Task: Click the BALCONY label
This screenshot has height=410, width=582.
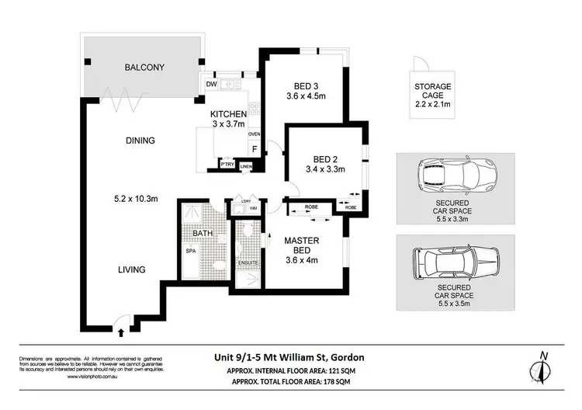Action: (144, 68)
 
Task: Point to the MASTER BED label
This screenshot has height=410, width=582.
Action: (300, 245)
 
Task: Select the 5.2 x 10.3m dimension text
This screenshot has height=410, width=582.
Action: (136, 199)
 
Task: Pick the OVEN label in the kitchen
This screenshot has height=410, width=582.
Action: (253, 134)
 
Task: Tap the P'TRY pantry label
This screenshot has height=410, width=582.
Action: (227, 165)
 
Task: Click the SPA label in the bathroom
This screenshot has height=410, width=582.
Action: (189, 252)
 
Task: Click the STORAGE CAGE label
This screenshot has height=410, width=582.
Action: (433, 91)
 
